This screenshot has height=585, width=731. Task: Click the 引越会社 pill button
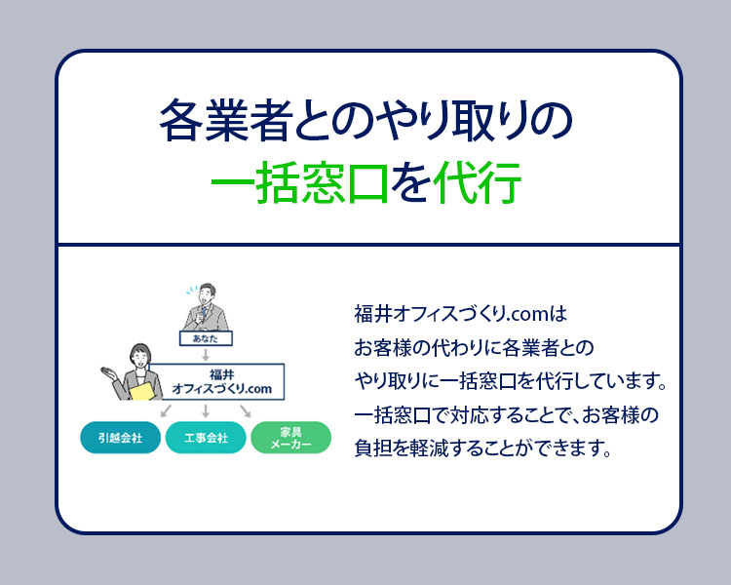point(120,438)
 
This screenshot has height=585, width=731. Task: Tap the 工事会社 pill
point(206,438)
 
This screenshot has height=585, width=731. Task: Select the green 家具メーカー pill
point(290,438)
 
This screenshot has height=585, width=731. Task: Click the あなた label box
point(206,338)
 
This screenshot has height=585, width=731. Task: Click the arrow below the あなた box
point(206,355)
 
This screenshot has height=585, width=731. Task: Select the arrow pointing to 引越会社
point(166,411)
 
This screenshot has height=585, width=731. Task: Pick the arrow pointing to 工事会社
point(206,411)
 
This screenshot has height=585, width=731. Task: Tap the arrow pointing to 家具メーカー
point(246,411)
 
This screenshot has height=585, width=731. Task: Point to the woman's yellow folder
point(142,391)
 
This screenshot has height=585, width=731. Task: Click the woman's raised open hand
point(109,372)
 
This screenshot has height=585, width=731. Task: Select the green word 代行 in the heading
point(477,182)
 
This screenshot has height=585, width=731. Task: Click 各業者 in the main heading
point(226,120)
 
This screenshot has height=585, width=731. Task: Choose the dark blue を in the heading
point(411,182)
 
